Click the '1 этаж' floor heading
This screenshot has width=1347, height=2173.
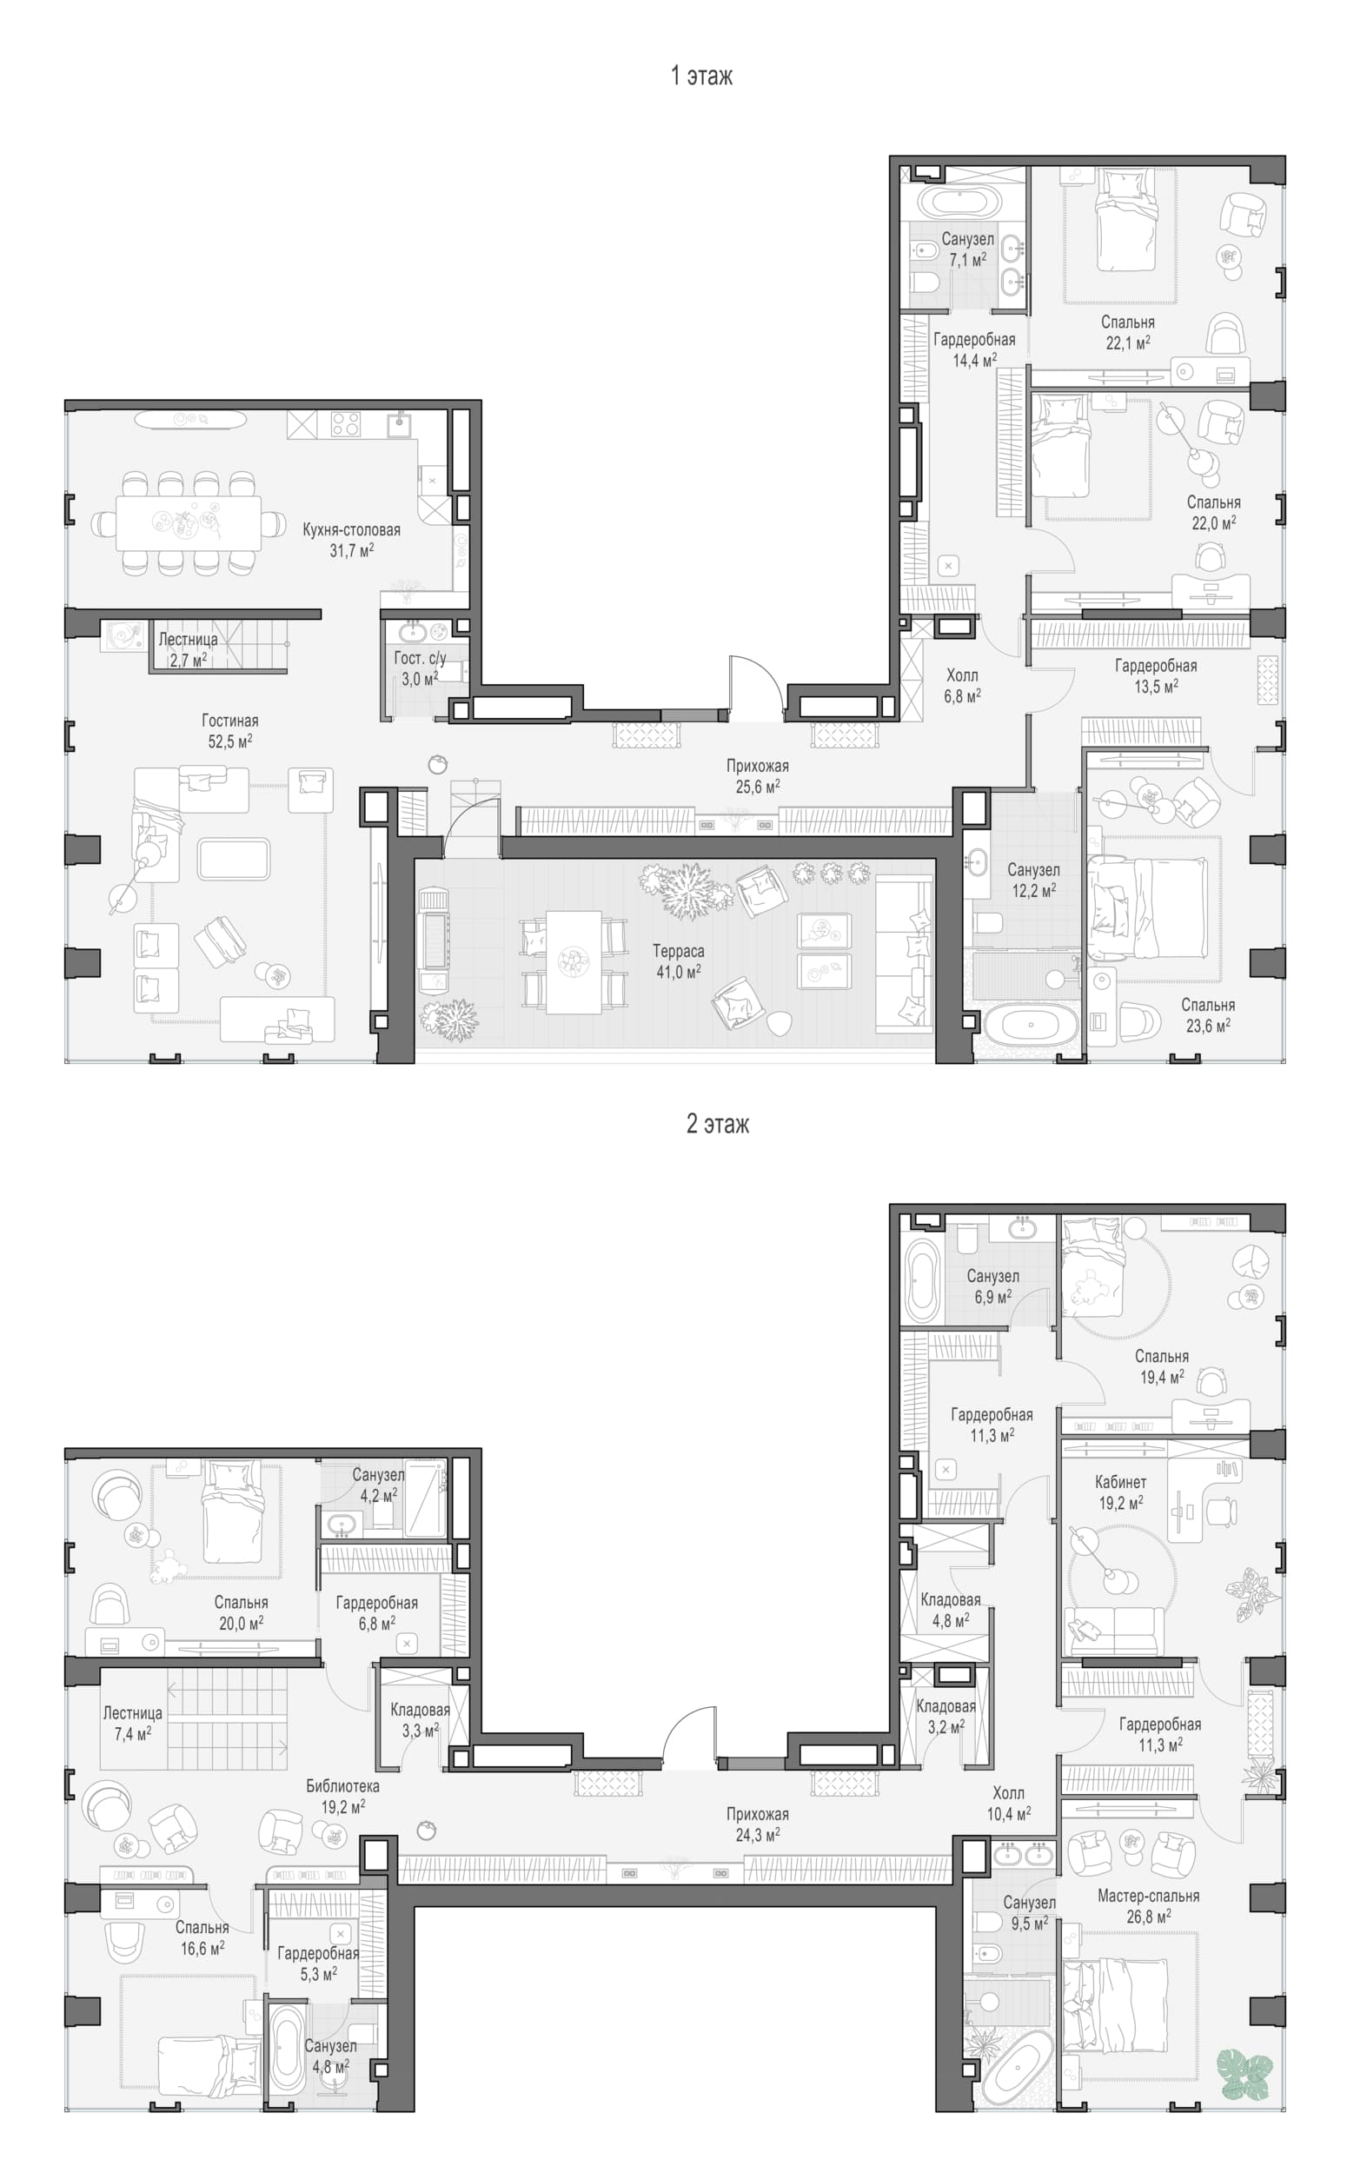pos(701,76)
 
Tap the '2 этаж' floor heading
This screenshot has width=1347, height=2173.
pos(717,1124)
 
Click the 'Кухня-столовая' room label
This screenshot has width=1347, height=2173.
pos(351,529)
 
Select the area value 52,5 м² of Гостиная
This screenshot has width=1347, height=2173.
pos(229,741)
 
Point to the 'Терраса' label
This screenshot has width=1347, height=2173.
pos(678,951)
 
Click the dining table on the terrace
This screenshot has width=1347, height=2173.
pos(574,961)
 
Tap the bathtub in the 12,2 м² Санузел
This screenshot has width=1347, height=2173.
pos(1030,1025)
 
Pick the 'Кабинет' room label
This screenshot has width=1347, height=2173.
pos(1120,1482)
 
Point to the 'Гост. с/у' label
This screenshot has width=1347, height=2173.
pos(420,657)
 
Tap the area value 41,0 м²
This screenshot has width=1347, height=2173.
pos(678,972)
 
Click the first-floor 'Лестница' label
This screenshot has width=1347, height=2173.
pos(188,639)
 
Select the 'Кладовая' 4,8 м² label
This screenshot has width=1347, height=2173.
pos(951,1599)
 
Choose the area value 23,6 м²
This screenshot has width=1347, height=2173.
pos(1208,1026)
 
